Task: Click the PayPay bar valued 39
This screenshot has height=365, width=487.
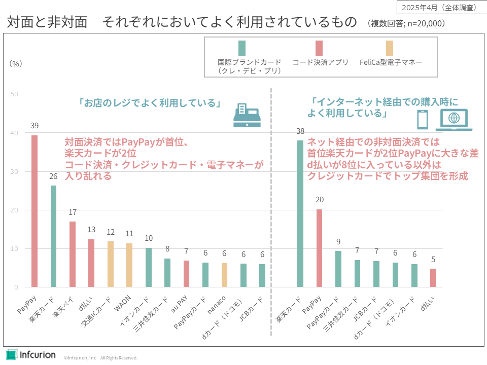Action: (34, 211)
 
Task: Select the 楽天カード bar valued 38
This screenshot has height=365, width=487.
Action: (300, 213)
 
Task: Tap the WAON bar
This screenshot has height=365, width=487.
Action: (129, 265)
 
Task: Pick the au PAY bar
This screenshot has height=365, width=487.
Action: (186, 274)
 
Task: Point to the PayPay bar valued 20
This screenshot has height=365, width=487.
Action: (319, 248)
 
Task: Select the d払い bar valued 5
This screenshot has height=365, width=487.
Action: (433, 278)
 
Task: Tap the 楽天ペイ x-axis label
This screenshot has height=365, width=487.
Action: (63, 309)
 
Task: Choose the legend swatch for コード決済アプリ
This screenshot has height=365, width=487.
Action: (319, 48)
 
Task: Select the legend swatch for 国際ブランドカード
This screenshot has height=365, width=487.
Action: (242, 48)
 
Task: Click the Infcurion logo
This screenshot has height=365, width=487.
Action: (31, 354)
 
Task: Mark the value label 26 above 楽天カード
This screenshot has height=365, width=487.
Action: (53, 177)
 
